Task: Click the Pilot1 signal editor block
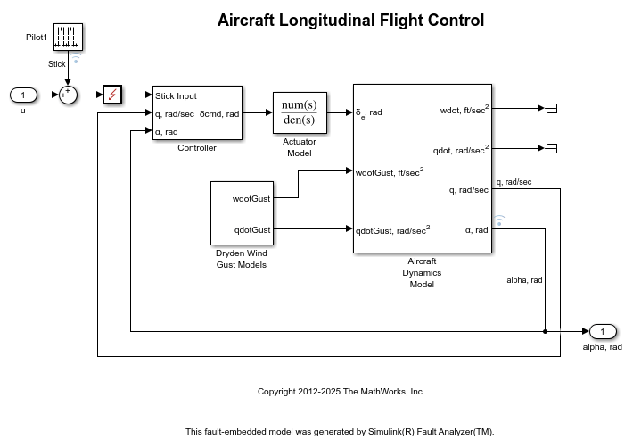(68, 37)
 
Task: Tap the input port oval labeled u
(23, 95)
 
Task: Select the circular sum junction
(68, 95)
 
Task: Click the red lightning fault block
(112, 95)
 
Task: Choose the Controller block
(197, 112)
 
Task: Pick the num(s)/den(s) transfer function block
(300, 112)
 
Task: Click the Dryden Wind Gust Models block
(242, 212)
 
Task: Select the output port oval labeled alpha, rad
(602, 332)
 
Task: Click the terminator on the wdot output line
(551, 109)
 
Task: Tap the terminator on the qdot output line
(551, 148)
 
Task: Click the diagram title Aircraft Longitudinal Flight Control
(350, 21)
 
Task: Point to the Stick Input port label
(176, 95)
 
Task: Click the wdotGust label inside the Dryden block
(251, 198)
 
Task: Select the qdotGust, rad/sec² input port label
(393, 228)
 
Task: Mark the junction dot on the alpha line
(545, 332)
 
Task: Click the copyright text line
(341, 392)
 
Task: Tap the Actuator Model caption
(300, 147)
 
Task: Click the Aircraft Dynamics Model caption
(422, 272)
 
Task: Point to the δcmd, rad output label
(220, 113)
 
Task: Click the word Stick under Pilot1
(57, 64)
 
